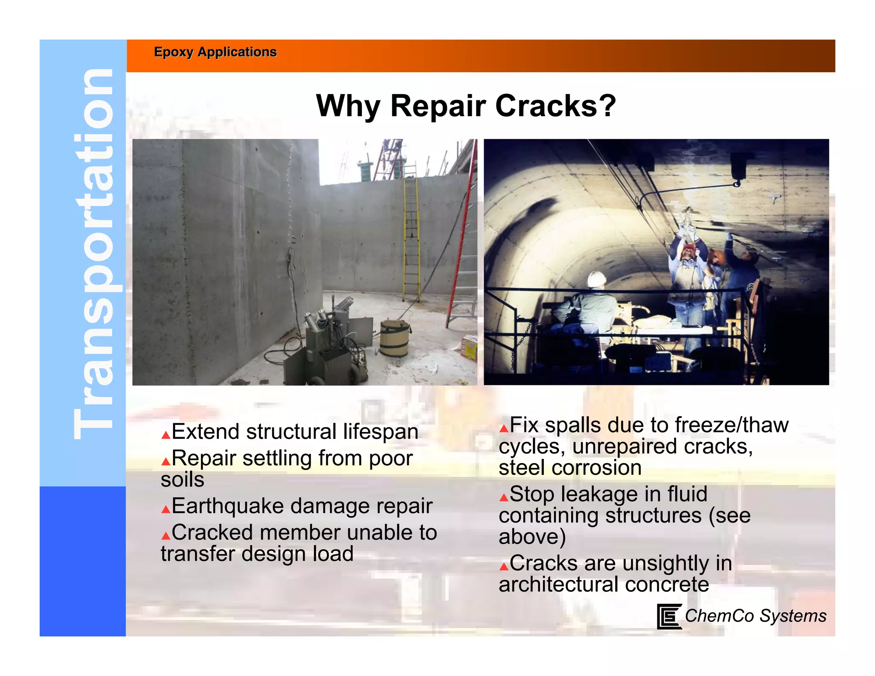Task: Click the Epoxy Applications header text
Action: point(215,52)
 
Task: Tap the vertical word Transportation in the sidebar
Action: point(93,254)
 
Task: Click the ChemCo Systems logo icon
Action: point(668,616)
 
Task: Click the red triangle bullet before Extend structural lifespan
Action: point(166,435)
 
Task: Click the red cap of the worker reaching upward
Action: point(688,248)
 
